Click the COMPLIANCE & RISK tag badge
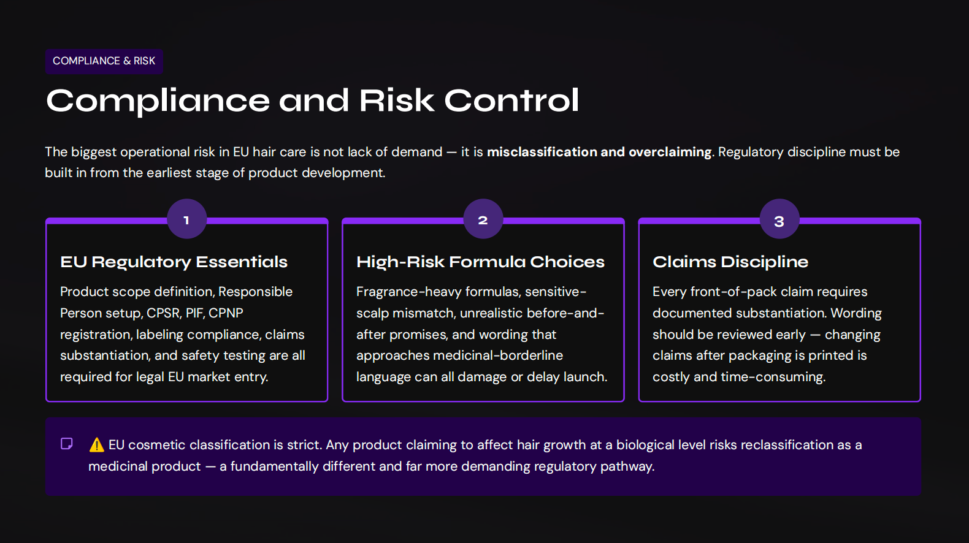(x=104, y=61)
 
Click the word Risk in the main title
(x=396, y=101)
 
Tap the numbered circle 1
(x=186, y=219)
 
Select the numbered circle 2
(x=483, y=219)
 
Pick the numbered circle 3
(x=779, y=221)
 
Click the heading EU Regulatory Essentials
(x=174, y=262)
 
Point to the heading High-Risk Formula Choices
(x=480, y=262)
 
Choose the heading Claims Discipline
(x=730, y=262)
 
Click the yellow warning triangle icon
(x=96, y=445)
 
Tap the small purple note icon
(x=67, y=444)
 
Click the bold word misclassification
(x=542, y=152)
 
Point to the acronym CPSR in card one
(x=163, y=313)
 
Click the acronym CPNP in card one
(x=226, y=313)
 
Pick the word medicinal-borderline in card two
(x=498, y=355)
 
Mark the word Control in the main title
(x=511, y=101)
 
